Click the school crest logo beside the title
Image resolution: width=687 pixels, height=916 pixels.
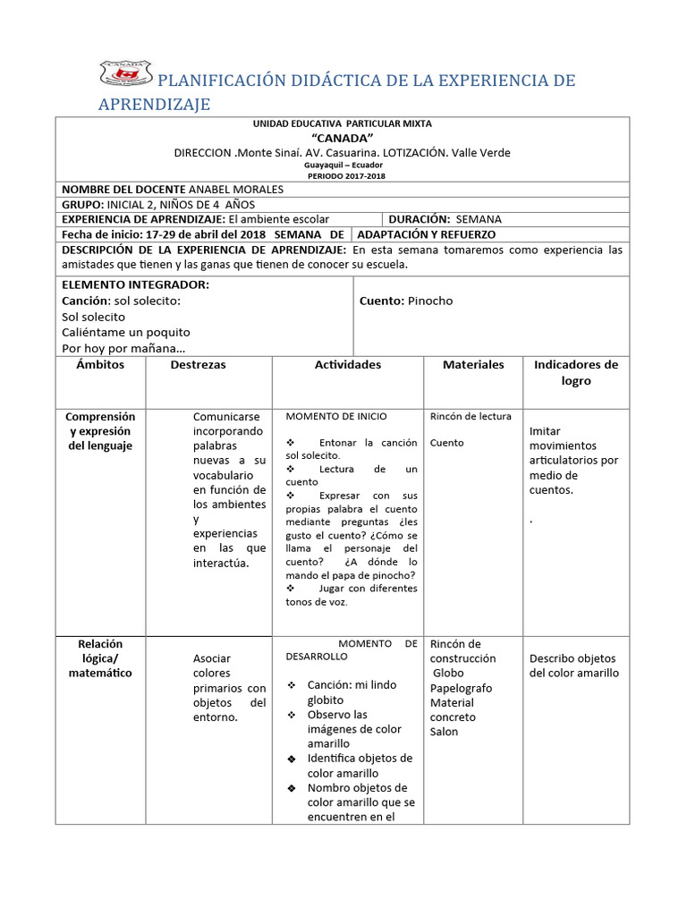[125, 76]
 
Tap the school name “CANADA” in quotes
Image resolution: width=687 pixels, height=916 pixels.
[342, 138]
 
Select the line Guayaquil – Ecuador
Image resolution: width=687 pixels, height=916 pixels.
[342, 165]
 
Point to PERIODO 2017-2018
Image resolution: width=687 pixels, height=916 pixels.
[342, 176]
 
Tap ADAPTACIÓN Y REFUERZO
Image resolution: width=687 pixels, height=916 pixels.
[426, 234]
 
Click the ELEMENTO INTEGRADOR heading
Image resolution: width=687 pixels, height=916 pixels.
[135, 284]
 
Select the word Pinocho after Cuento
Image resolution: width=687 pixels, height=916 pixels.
[430, 301]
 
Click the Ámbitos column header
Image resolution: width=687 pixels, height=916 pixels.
[100, 365]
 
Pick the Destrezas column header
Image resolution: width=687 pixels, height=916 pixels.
[198, 365]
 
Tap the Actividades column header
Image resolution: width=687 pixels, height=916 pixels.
[347, 365]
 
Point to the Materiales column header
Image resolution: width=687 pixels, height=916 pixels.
[473, 365]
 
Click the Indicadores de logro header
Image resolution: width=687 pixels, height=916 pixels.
[576, 372]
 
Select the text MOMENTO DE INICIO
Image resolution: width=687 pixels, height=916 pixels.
[336, 417]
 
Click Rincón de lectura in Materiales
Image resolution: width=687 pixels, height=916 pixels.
[471, 416]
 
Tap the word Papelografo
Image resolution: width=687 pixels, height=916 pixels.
[461, 688]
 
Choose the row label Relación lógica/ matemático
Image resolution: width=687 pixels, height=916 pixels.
[100, 658]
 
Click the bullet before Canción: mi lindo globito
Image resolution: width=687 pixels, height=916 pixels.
[292, 686]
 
